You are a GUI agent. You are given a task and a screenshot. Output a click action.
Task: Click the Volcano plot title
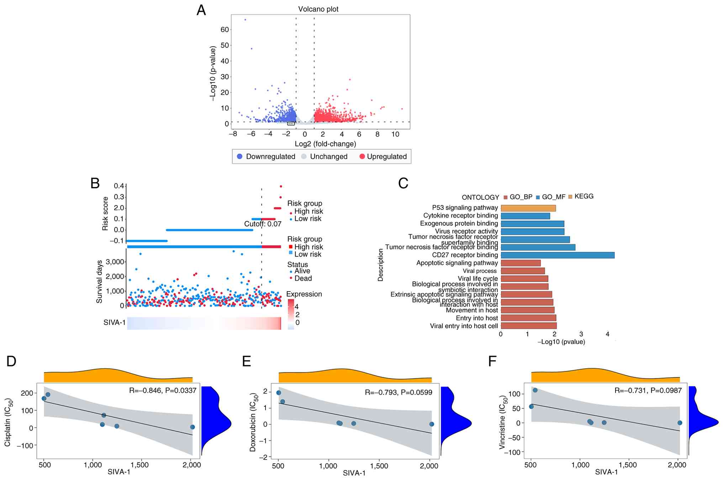coord(318,9)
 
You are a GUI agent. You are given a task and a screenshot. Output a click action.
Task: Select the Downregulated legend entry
coord(266,156)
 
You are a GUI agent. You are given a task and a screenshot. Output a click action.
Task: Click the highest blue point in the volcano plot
coord(245,20)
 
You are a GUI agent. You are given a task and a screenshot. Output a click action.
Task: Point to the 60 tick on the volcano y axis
coord(225,30)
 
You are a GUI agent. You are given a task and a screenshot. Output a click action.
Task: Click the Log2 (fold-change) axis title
coord(325,144)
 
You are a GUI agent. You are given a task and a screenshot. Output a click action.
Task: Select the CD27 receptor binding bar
coord(557,255)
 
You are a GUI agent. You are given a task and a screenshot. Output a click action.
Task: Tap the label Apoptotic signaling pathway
coord(457,263)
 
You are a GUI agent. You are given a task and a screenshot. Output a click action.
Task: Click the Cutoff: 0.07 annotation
coord(263,224)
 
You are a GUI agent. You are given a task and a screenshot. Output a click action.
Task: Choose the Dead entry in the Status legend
coord(302,278)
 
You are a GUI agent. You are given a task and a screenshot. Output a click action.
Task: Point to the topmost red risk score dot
coord(281,186)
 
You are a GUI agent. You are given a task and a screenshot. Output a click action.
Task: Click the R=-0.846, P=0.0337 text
coord(163,391)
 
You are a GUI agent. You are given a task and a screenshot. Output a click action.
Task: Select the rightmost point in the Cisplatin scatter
coord(192,427)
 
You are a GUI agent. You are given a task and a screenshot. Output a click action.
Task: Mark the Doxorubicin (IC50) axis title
coord(253,422)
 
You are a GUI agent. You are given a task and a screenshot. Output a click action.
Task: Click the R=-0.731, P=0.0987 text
coord(648,391)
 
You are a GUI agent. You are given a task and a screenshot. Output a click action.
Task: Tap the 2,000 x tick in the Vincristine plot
coord(677,465)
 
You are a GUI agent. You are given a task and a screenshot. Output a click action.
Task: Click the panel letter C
coord(403,183)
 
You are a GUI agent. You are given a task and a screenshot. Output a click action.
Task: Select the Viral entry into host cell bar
coord(528,326)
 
